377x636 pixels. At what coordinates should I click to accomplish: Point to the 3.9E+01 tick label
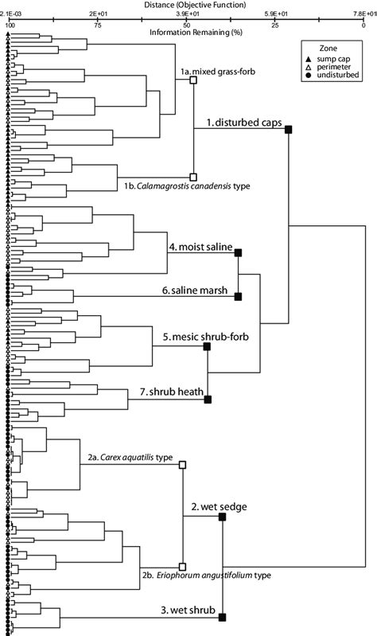pos(186,14)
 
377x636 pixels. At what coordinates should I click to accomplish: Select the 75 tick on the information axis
pos(98,25)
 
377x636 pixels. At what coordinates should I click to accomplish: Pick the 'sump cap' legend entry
pos(333,58)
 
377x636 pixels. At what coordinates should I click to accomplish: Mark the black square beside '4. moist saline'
pos(239,252)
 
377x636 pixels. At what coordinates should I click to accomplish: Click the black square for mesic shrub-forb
pos(208,346)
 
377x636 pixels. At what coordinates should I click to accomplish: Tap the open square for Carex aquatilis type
pos(182,464)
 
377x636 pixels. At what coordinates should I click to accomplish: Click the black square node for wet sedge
pos(222,517)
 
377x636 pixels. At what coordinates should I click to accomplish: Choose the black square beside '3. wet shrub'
pos(222,617)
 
